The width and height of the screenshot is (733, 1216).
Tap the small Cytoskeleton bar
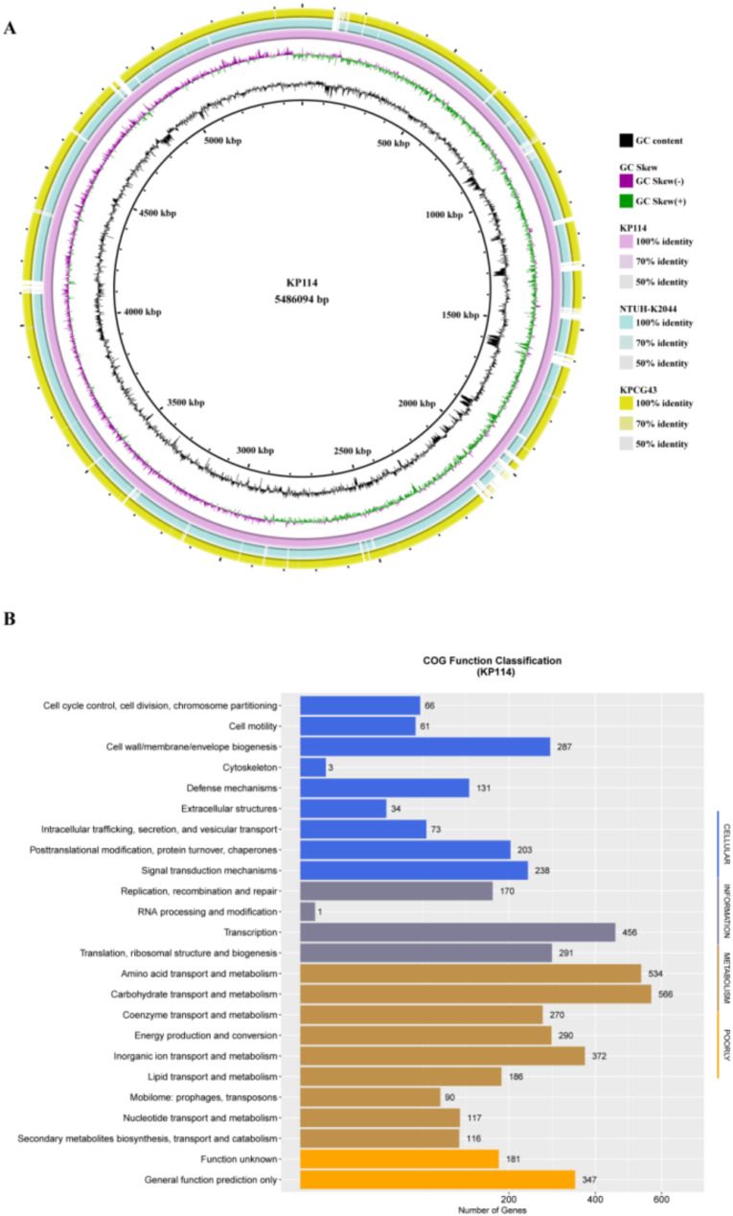pyautogui.click(x=312, y=767)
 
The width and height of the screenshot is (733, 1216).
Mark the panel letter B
pyautogui.click(x=10, y=620)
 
